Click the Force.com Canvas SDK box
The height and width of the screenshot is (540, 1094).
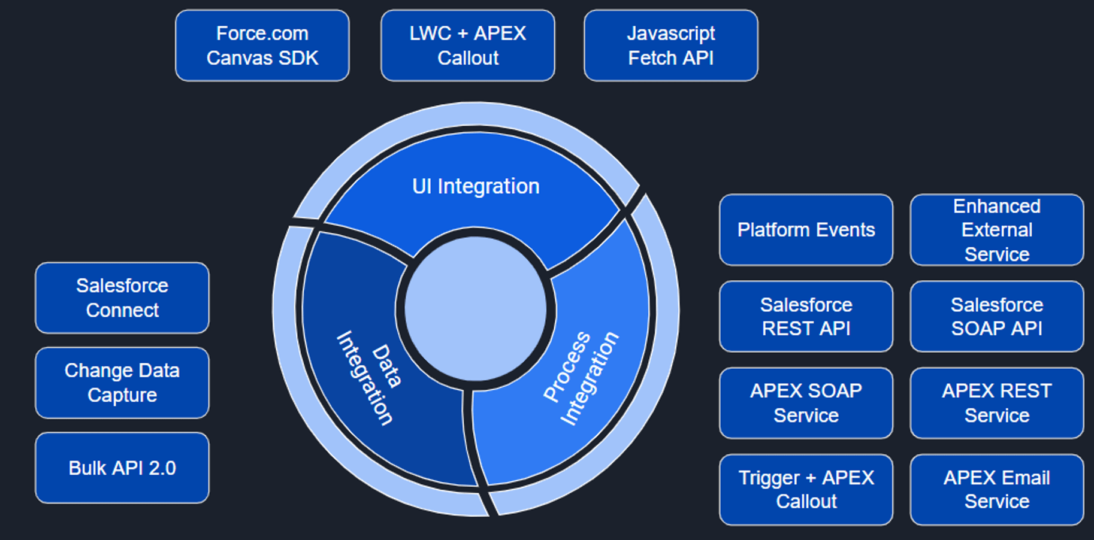pyautogui.click(x=262, y=45)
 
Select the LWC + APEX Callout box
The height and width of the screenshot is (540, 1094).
pyautogui.click(x=467, y=45)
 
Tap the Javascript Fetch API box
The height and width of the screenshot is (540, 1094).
pyautogui.click(x=670, y=45)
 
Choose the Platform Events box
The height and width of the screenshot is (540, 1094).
pyautogui.click(x=806, y=230)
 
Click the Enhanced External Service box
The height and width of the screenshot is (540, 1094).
pyautogui.click(x=996, y=230)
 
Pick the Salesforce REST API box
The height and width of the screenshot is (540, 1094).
pyautogui.click(x=806, y=316)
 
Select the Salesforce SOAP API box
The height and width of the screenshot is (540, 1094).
pyautogui.click(x=996, y=316)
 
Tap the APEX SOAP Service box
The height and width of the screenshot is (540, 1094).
pyautogui.click(x=806, y=403)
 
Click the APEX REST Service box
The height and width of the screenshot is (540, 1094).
pyautogui.click(x=996, y=403)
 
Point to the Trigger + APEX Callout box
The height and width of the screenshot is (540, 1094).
pyautogui.click(x=806, y=490)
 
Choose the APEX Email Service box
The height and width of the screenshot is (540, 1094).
pyautogui.click(x=996, y=490)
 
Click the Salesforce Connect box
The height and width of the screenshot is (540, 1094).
pyautogui.click(x=122, y=298)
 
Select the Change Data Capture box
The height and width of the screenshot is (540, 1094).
pyautogui.click(x=122, y=383)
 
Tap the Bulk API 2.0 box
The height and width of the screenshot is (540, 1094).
pyautogui.click(x=122, y=468)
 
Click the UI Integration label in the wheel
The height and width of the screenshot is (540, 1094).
pyautogui.click(x=476, y=186)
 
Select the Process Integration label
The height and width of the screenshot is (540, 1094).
pyautogui.click(x=580, y=377)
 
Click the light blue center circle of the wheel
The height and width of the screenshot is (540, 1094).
pyautogui.click(x=475, y=309)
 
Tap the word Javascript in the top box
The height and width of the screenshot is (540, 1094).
pyautogui.click(x=670, y=34)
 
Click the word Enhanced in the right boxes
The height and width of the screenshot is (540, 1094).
pyautogui.click(x=996, y=206)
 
